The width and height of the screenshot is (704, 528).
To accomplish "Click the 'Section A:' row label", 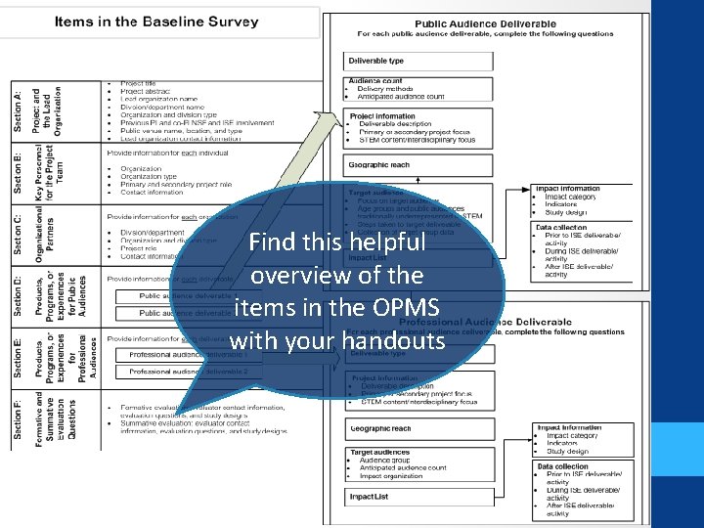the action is coord(19,110).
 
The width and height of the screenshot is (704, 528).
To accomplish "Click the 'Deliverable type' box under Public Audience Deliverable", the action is coord(376,61).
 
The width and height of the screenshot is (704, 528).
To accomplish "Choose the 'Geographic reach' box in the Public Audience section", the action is coord(379,165).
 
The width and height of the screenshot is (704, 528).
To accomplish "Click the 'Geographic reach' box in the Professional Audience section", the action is coord(381,428).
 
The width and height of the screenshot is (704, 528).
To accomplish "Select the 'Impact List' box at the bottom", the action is coord(370,497).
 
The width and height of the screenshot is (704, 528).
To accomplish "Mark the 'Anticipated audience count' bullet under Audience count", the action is coord(401,97).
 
